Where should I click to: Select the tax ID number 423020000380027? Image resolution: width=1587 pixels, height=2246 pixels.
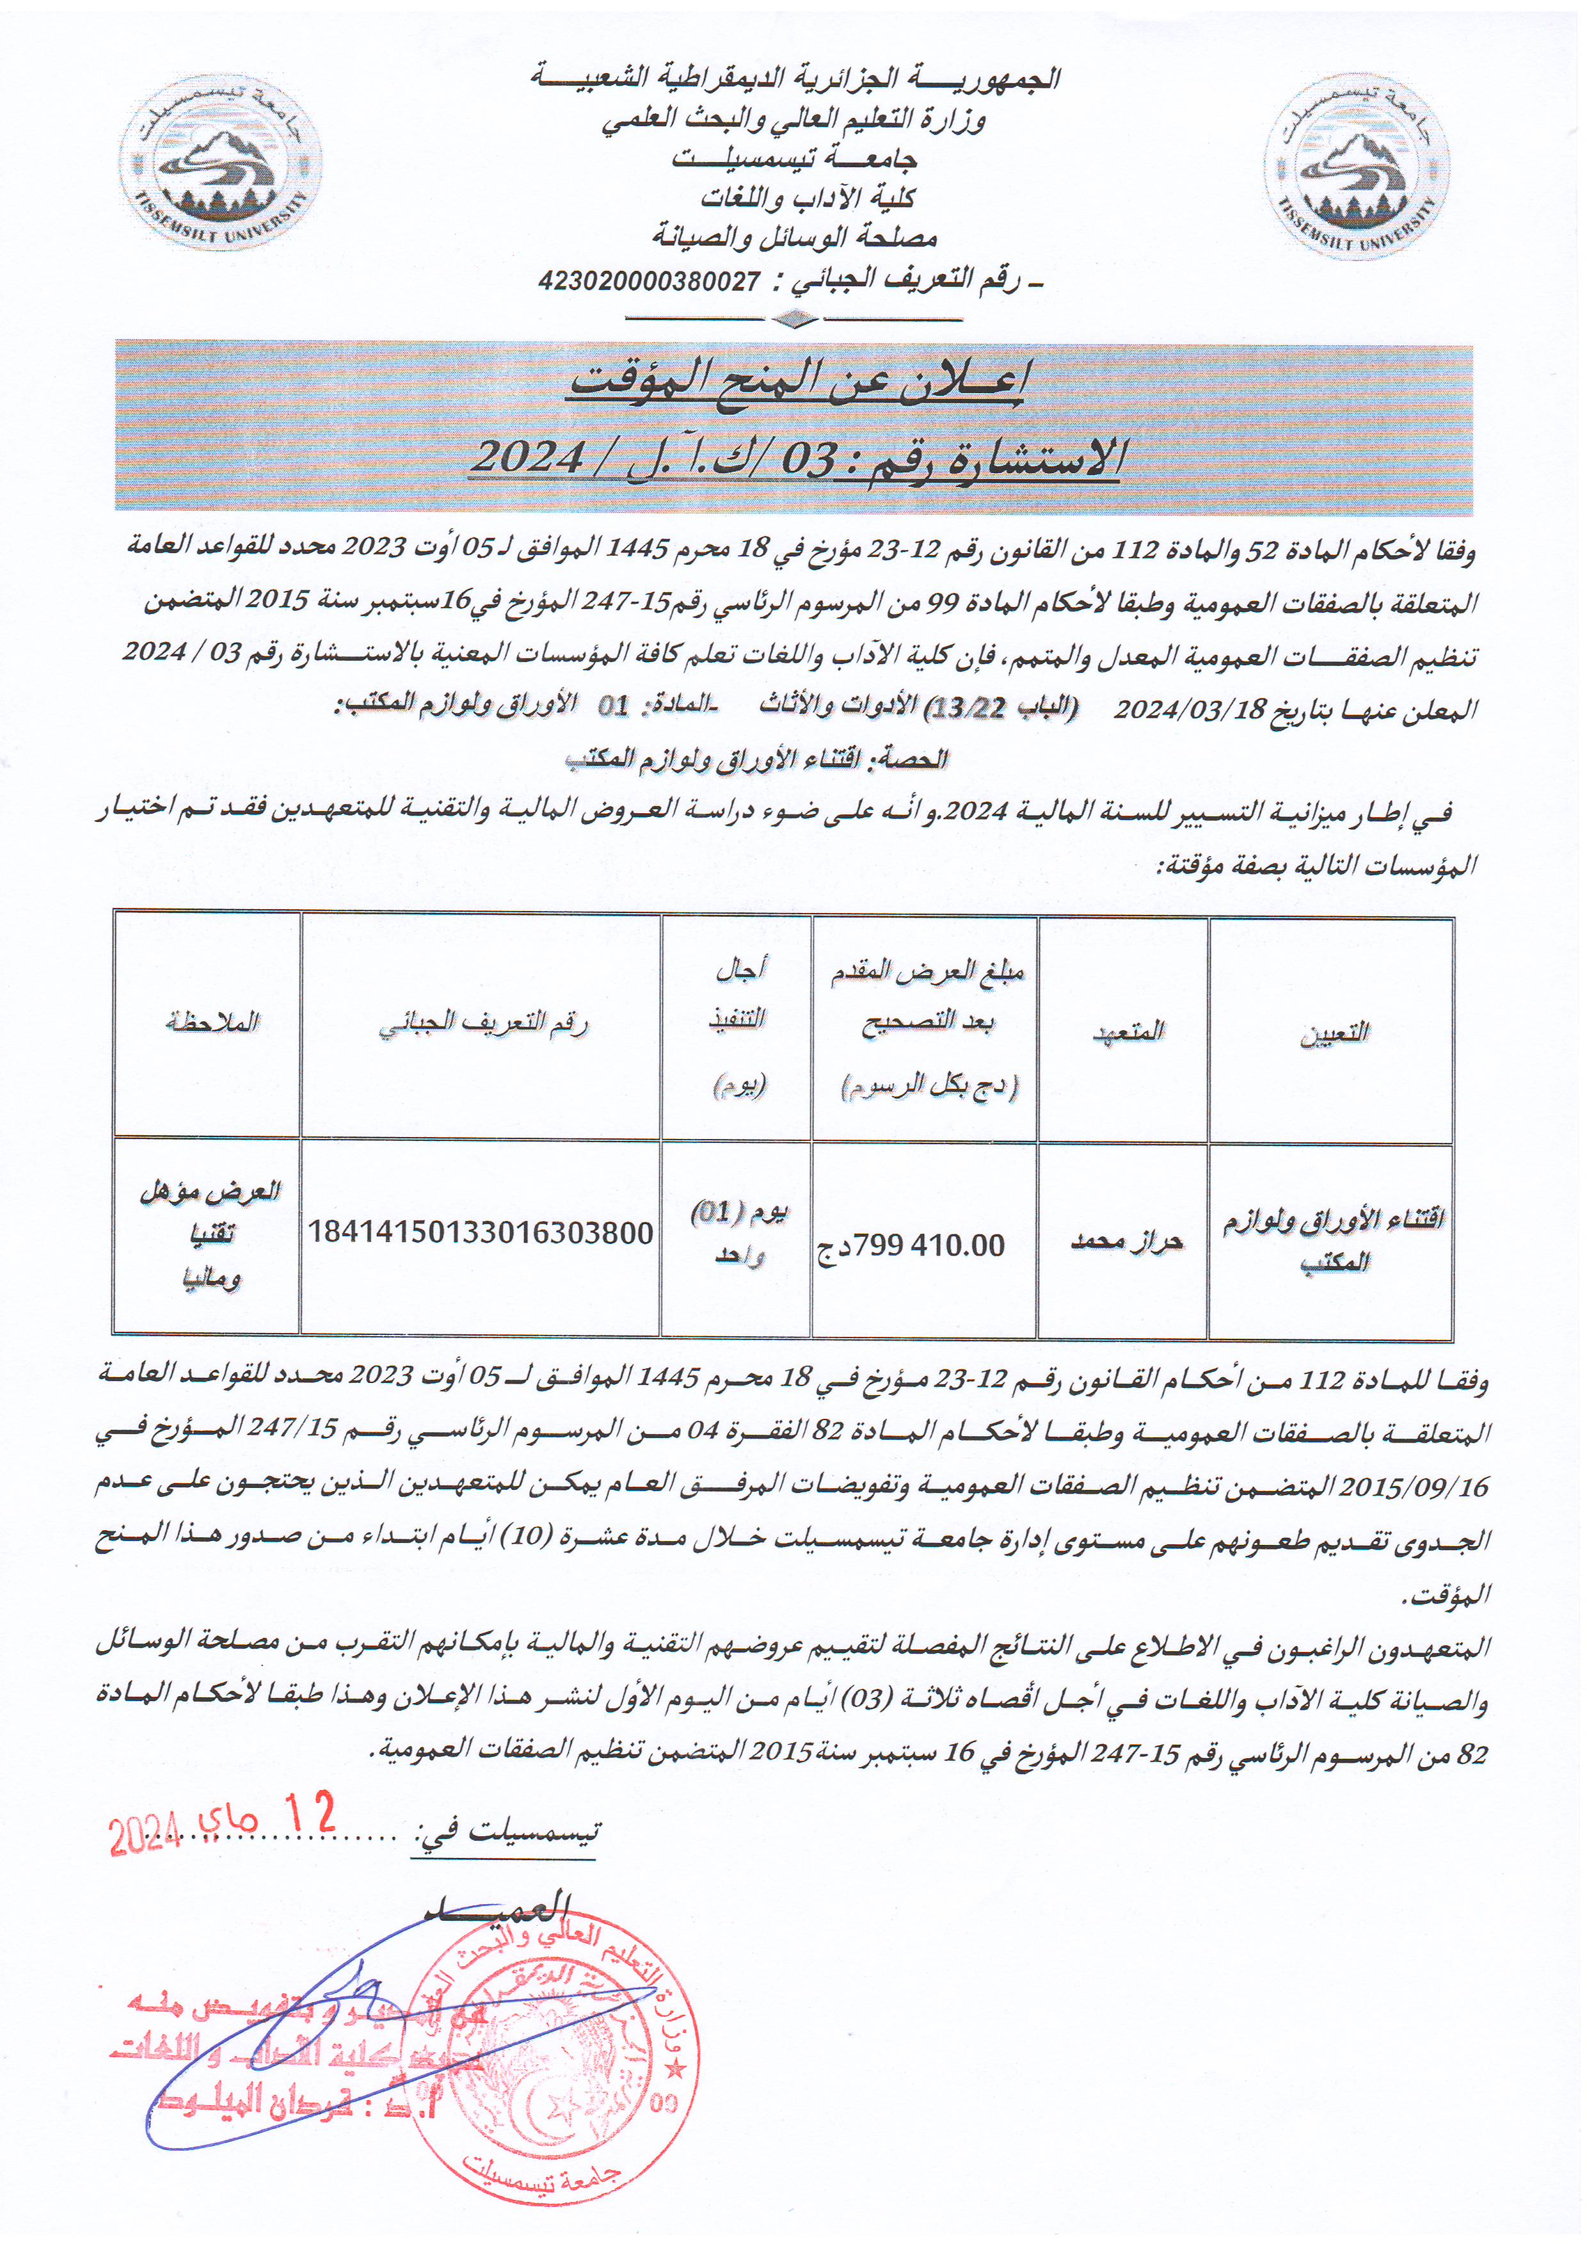650,282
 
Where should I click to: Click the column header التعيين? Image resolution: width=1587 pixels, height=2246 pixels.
1334,1033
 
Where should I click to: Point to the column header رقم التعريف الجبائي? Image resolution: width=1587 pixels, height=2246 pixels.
483,1024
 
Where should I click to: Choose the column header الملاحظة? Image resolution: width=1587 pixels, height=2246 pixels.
211,1023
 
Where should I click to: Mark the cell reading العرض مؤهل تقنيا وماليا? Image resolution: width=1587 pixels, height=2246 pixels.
211,1234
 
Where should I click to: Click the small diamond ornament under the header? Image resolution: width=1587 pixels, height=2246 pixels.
794,319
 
